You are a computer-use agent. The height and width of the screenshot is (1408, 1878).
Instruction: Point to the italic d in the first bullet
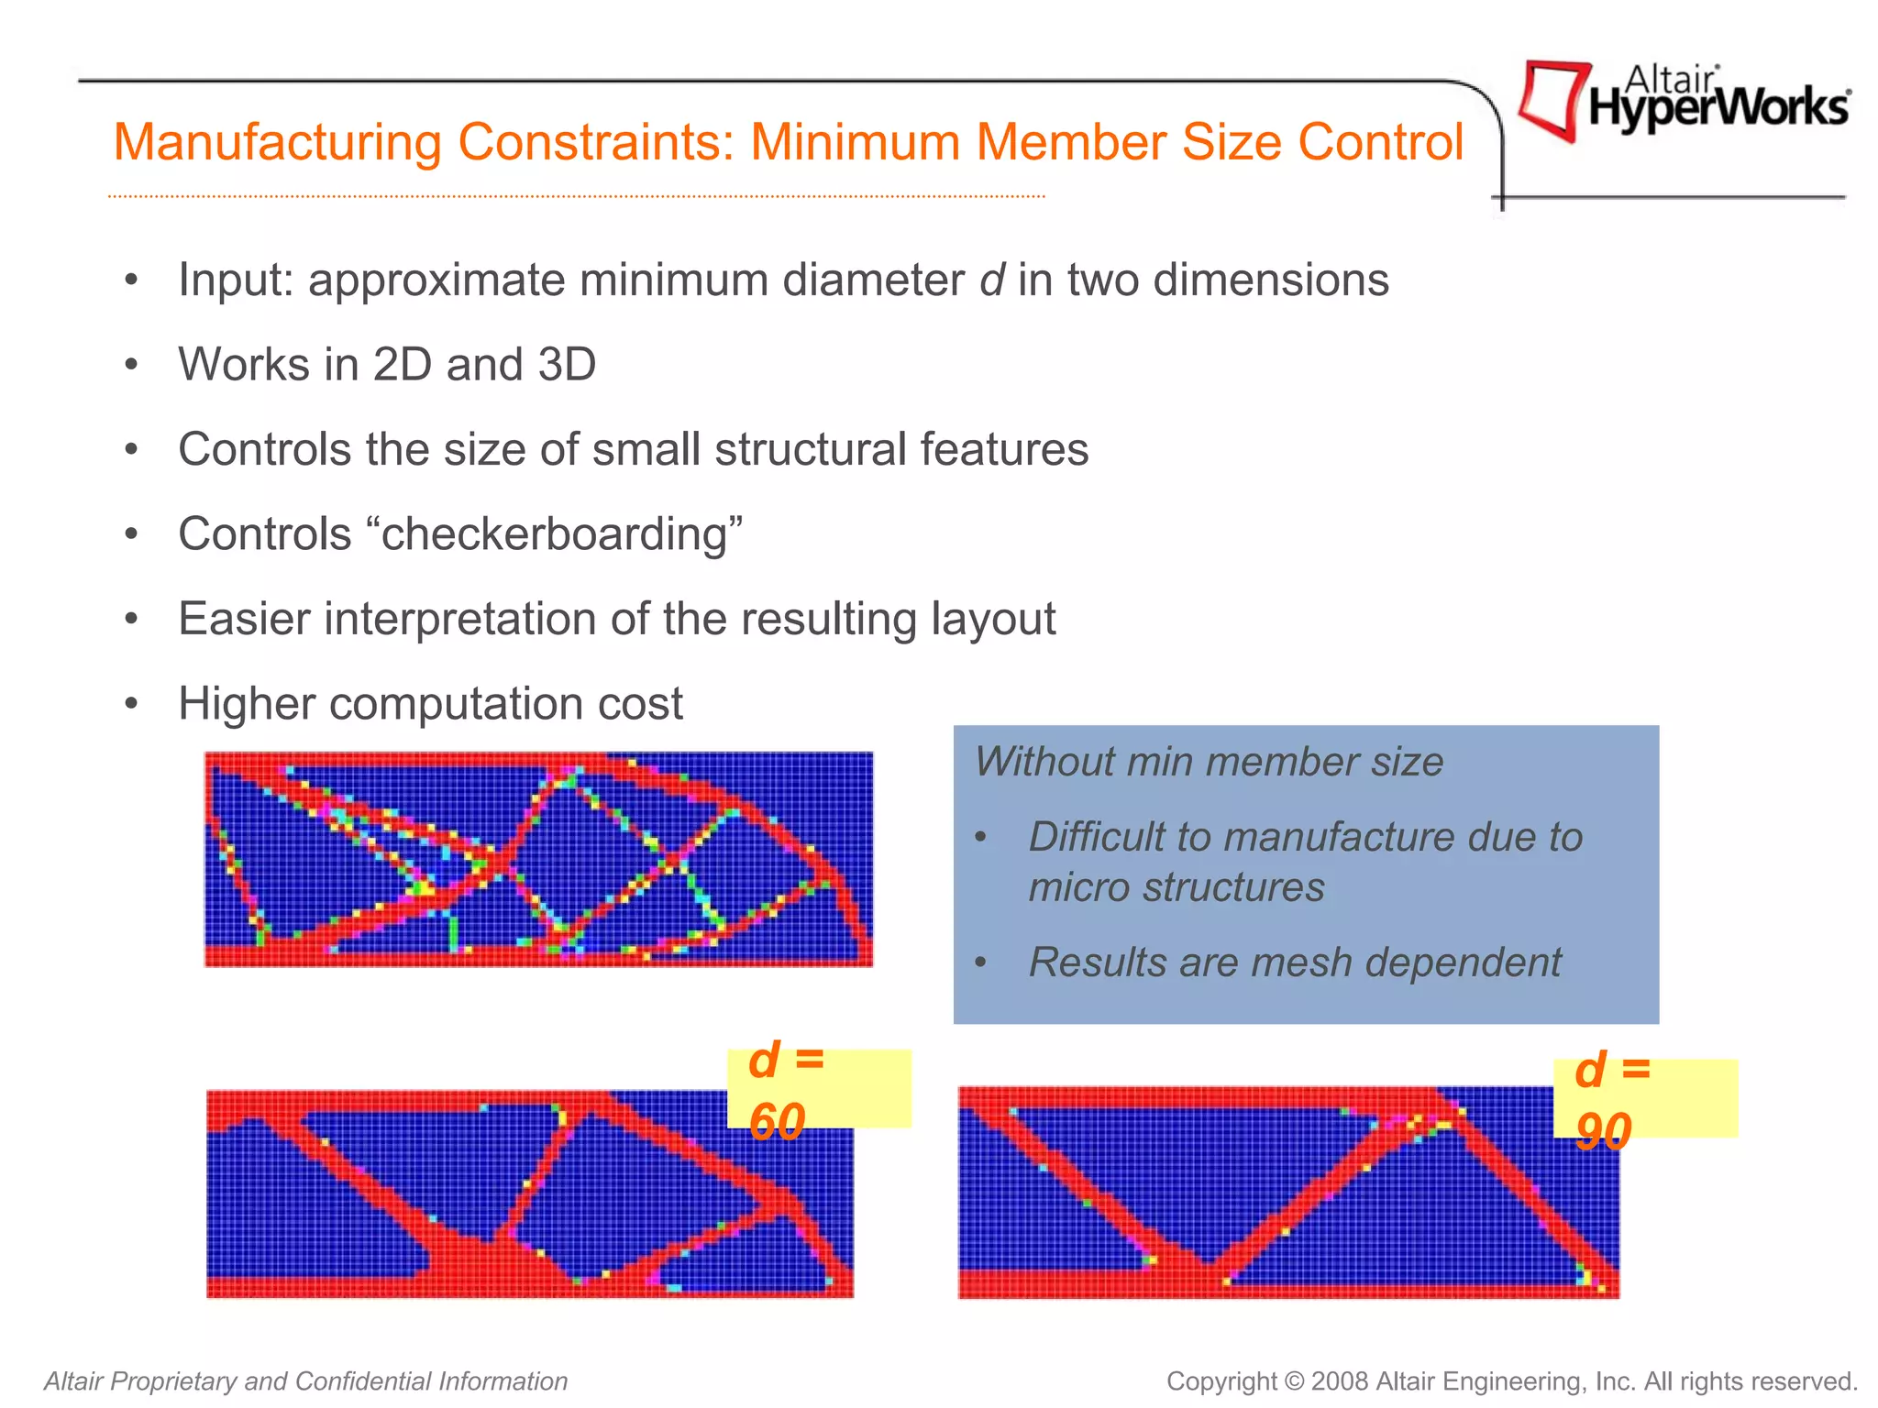click(992, 280)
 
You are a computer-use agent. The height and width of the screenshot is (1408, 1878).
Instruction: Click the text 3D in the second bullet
click(567, 365)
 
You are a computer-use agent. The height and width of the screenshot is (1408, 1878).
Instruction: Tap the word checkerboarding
click(554, 534)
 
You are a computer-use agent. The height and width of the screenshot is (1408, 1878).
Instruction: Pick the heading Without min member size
click(1209, 762)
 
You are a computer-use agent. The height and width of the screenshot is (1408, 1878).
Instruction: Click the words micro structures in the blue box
click(1177, 887)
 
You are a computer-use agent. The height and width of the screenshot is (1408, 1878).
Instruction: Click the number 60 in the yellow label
click(777, 1121)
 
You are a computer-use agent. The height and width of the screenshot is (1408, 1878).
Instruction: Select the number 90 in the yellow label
click(1603, 1131)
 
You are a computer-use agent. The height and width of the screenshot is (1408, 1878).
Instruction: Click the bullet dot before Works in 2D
click(132, 366)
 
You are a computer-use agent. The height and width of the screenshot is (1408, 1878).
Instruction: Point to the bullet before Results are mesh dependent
click(981, 963)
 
